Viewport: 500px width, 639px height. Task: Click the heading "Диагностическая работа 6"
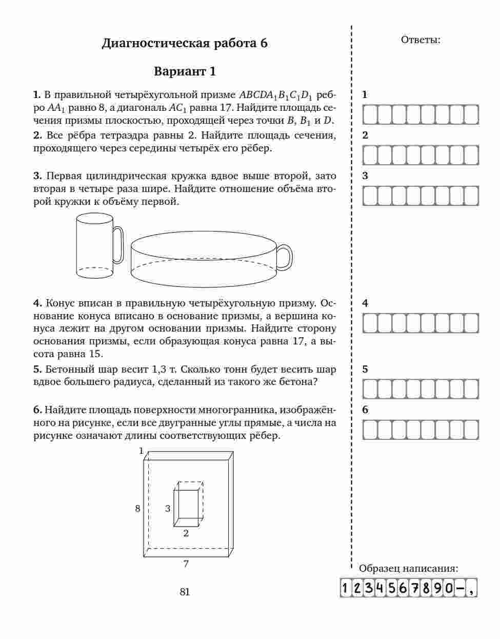coord(185,43)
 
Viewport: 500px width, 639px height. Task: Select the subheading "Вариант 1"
coord(185,71)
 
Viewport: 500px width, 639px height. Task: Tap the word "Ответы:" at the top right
coord(421,40)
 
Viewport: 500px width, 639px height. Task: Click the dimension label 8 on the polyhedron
coord(137,509)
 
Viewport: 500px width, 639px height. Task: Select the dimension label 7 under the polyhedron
coord(186,564)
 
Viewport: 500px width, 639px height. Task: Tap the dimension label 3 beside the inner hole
coord(168,509)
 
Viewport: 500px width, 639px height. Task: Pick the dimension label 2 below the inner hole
coord(186,533)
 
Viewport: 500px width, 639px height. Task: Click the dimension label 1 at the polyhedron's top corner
coord(141,451)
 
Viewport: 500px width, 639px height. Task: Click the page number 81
coord(185,592)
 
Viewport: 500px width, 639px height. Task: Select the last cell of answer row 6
coord(471,430)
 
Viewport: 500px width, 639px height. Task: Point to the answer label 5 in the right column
coord(365,369)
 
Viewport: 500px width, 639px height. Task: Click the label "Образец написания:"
coord(409,568)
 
